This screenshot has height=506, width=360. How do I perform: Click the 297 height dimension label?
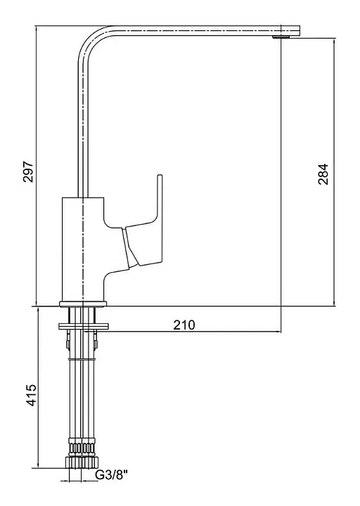tap(28, 171)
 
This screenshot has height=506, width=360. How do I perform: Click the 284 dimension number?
tap(323, 174)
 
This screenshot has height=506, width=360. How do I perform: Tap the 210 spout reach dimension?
tap(184, 325)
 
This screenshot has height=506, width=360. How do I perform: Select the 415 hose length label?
tap(32, 395)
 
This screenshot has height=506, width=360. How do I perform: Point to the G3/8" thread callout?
tap(112, 475)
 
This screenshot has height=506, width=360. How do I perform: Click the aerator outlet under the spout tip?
tap(281, 37)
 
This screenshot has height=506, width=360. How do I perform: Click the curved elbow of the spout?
tap(94, 42)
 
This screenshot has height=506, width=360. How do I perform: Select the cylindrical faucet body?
tap(83, 249)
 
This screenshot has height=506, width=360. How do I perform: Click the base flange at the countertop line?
tap(83, 304)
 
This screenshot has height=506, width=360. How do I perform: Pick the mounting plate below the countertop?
tap(84, 326)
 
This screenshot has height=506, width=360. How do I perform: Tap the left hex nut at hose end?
tap(74, 462)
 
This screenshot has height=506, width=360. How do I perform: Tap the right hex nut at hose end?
tap(90, 462)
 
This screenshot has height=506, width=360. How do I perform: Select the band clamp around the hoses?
tap(82, 359)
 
